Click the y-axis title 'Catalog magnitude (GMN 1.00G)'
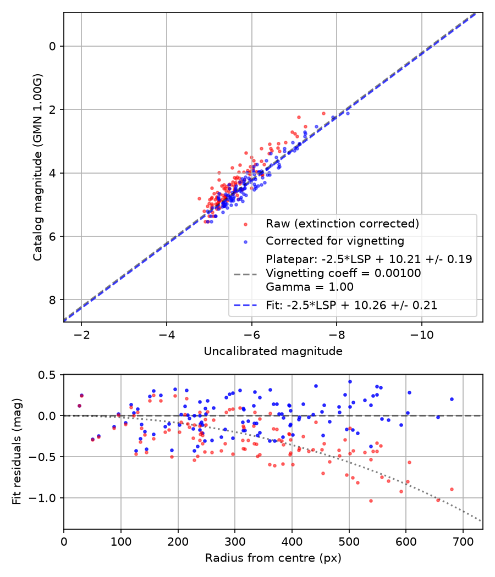pyautogui.click(x=37, y=168)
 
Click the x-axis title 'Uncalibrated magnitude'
pyautogui.click(x=273, y=351)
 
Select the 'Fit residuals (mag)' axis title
pyautogui.click(x=17, y=452)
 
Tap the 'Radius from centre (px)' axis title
pyautogui.click(x=273, y=558)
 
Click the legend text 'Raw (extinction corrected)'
pyautogui.click(x=343, y=224)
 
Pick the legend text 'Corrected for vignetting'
pyautogui.click(x=335, y=241)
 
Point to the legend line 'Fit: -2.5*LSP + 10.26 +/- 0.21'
pyautogui.click(x=351, y=306)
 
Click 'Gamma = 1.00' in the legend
pyautogui.click(x=310, y=287)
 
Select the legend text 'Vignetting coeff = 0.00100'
pyautogui.click(x=343, y=273)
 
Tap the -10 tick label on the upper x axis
pyautogui.click(x=422, y=335)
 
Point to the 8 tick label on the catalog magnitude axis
pyautogui.click(x=52, y=300)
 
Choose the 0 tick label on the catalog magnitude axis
pyautogui.click(x=52, y=46)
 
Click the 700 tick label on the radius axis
pyautogui.click(x=463, y=542)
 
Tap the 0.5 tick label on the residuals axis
pyautogui.click(x=47, y=375)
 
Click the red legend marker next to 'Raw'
pyautogui.click(x=245, y=224)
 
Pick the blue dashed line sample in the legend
pyautogui.click(x=245, y=306)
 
